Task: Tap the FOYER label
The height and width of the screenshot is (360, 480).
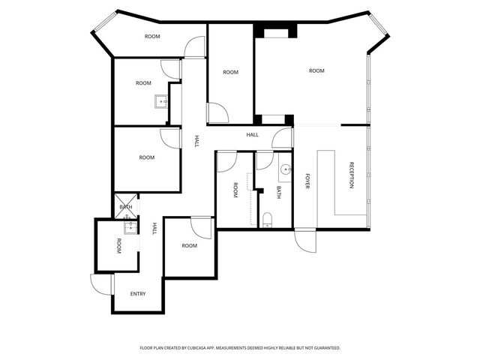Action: (x=307, y=181)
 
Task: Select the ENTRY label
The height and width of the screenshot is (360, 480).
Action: (x=138, y=293)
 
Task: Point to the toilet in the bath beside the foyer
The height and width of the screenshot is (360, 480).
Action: (x=268, y=220)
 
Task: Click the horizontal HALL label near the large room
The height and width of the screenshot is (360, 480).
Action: (x=253, y=135)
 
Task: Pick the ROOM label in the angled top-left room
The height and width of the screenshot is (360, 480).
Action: (x=152, y=36)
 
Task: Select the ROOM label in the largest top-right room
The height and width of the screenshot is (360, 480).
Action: (x=316, y=70)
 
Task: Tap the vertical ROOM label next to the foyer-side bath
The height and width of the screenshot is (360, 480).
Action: (x=235, y=190)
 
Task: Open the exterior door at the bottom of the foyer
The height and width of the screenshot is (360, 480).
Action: (x=304, y=240)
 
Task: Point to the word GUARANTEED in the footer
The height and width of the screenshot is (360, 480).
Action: (x=324, y=348)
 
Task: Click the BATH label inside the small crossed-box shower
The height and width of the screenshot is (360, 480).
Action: (x=126, y=207)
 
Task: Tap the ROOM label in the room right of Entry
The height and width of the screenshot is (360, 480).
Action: (x=189, y=245)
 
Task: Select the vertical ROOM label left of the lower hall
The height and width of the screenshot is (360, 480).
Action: (x=118, y=245)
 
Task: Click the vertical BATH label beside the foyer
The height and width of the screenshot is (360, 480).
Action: (x=279, y=192)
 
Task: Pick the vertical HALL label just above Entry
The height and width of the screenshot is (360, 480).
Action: (x=154, y=229)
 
